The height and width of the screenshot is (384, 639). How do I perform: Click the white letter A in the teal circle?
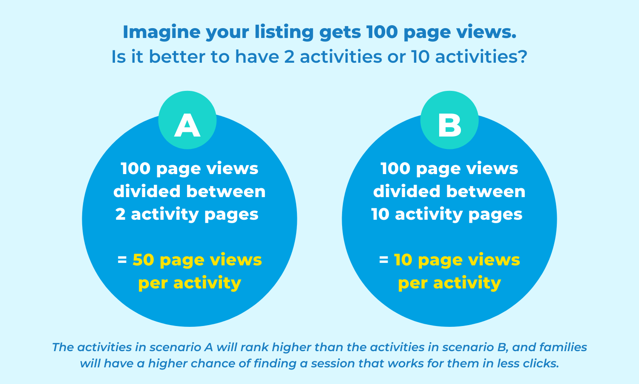(187, 125)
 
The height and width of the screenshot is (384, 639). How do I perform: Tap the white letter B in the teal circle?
(449, 125)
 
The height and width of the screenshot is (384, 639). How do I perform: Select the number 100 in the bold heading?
(382, 32)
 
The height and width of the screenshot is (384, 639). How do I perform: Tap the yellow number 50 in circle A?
(143, 260)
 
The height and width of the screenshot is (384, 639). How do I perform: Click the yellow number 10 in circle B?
(403, 260)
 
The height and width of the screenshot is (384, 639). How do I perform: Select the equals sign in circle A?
(122, 260)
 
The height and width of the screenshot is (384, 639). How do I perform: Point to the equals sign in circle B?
(384, 260)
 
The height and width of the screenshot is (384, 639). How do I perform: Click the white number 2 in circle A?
(121, 214)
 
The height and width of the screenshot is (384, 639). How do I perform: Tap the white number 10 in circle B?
(380, 214)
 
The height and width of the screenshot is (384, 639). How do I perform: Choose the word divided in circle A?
(147, 191)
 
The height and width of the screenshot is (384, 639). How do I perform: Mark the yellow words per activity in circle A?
(190, 283)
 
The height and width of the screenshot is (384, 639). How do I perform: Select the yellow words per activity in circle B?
(449, 283)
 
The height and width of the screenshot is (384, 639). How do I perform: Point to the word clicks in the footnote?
(541, 364)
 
